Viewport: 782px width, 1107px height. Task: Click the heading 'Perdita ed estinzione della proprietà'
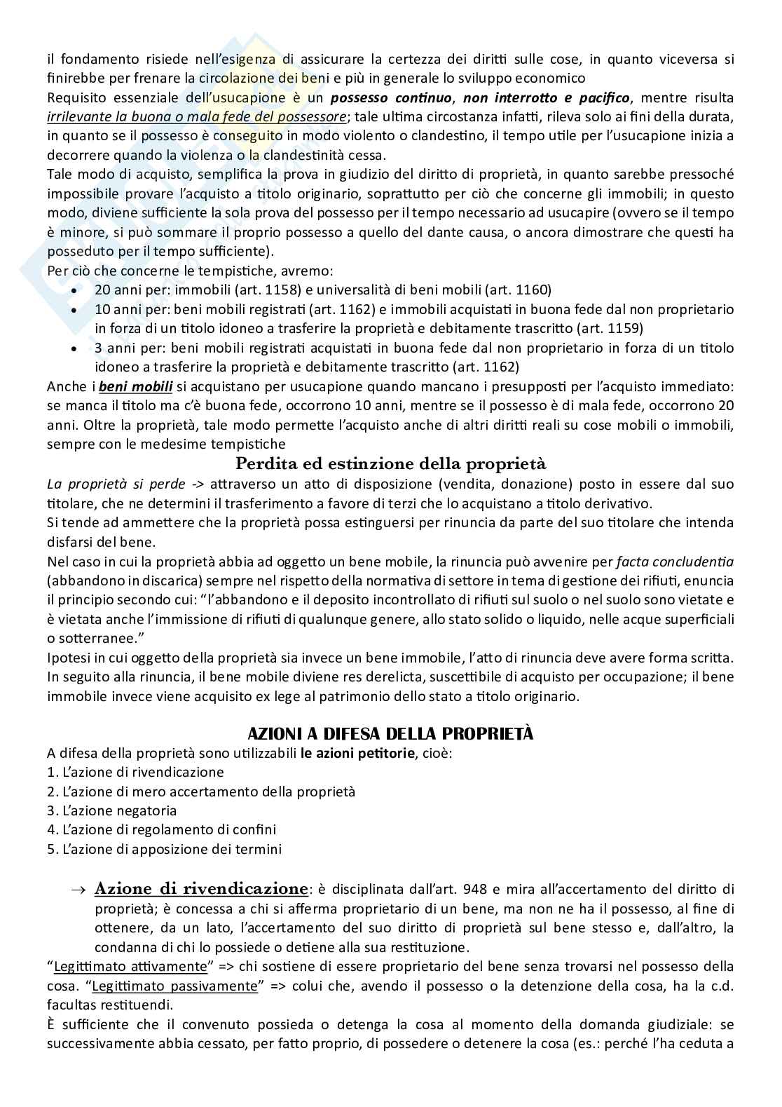(x=390, y=464)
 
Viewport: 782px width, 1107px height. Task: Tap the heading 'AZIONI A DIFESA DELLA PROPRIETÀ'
(x=390, y=733)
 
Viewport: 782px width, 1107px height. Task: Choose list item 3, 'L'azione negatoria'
(x=112, y=810)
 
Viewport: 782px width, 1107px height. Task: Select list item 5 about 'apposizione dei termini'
(x=164, y=849)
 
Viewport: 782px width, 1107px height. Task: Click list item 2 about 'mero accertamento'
(x=201, y=792)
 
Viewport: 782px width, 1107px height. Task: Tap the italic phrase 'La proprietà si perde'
(x=116, y=484)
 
